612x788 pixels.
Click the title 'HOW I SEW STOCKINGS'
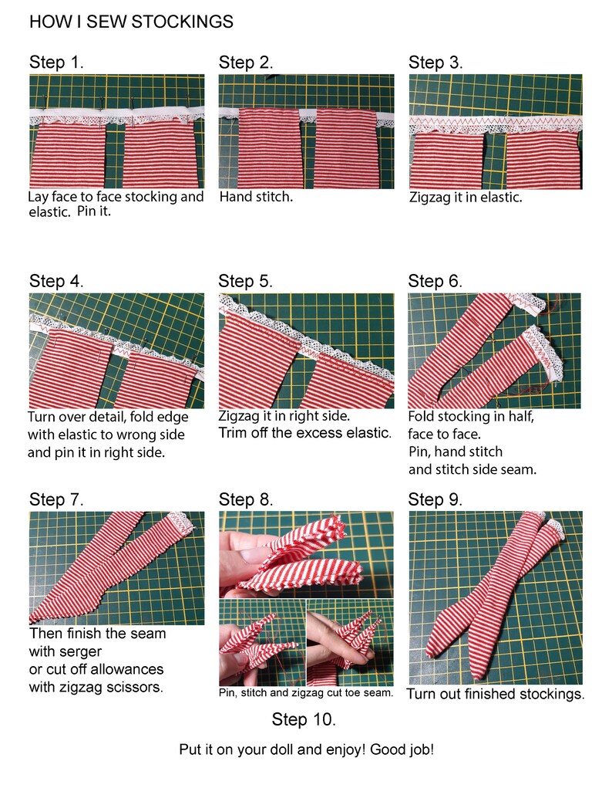(x=131, y=22)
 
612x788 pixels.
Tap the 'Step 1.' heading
(x=56, y=63)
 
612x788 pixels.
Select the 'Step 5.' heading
(x=246, y=281)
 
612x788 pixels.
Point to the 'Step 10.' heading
(x=304, y=719)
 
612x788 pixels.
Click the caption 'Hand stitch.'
(x=256, y=197)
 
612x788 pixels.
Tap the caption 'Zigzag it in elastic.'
(x=466, y=197)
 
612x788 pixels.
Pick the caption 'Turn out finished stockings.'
(x=496, y=694)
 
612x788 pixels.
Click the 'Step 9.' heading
(x=435, y=499)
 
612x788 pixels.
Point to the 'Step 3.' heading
(x=435, y=63)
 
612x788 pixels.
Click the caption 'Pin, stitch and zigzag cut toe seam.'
(x=306, y=692)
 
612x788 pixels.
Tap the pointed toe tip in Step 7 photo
(x=32, y=621)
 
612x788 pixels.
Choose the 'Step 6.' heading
(x=435, y=281)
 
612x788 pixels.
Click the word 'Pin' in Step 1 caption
(x=86, y=211)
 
